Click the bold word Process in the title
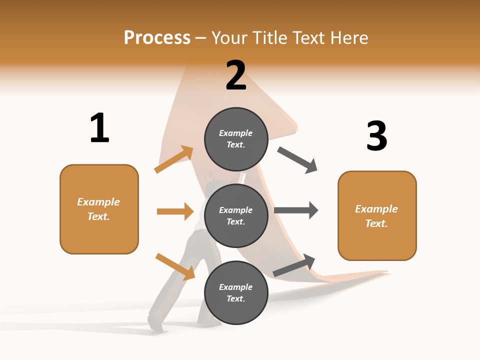point(157,37)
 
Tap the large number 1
point(99,128)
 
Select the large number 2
point(236,75)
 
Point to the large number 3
point(377,136)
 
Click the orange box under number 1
point(99,209)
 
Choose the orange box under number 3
point(377,215)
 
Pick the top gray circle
point(236,139)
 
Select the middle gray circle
point(236,215)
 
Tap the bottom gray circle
point(236,292)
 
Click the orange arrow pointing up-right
point(174,159)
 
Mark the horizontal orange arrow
point(175,211)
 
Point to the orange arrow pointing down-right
point(175,266)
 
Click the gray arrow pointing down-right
point(297,160)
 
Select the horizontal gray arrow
point(296,210)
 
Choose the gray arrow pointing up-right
point(294,265)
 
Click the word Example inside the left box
point(98,202)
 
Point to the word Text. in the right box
point(376,223)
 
